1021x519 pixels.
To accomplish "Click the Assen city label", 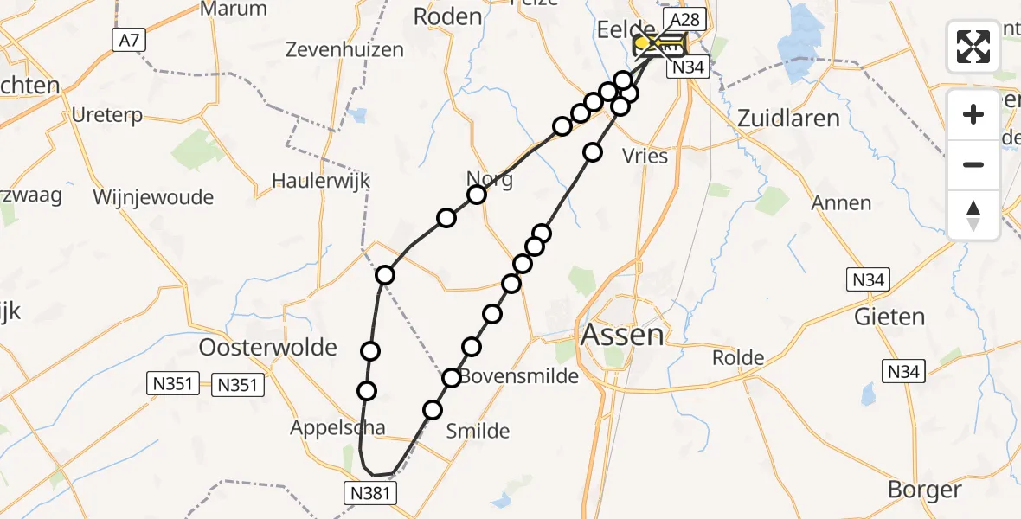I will (623, 335).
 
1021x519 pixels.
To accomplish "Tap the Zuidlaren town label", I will (789, 119).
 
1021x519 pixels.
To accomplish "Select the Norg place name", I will (490, 180).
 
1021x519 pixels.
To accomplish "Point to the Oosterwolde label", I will (268, 348).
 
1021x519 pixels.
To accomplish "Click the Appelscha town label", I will (337, 427).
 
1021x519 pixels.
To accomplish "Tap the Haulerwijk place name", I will (321, 181).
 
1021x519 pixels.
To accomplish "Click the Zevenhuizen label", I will (345, 49).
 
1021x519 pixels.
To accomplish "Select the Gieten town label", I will (889, 317).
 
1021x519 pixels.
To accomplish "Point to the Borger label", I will (924, 490).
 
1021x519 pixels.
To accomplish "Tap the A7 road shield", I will (125, 39).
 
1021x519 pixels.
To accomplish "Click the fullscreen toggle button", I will (973, 47).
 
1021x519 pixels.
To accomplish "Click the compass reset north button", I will (973, 215).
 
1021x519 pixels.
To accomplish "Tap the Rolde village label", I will (738, 358).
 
